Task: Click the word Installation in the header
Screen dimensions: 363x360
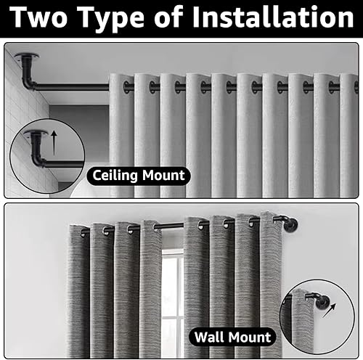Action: [273, 16]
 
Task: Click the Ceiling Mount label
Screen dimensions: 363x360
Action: [139, 176]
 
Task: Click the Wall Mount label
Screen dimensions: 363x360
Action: [232, 337]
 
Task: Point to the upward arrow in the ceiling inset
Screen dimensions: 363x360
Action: [54, 142]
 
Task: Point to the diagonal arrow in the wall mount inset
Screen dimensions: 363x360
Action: [330, 311]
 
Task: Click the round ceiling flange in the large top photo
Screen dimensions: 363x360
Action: [27, 57]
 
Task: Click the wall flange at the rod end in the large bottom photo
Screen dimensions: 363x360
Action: [291, 225]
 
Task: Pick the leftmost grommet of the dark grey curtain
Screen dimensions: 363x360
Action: [83, 233]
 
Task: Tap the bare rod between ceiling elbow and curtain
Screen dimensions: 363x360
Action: [73, 87]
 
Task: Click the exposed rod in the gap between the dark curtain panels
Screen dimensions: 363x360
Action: [169, 226]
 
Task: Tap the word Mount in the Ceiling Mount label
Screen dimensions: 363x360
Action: [163, 176]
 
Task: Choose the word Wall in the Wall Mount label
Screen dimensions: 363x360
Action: [209, 337]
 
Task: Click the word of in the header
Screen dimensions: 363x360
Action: [168, 17]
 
